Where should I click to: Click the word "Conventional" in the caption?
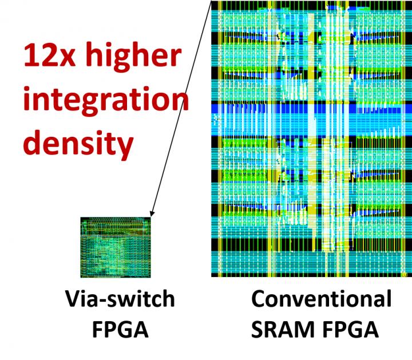click(322, 299)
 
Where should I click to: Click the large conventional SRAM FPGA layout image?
click(311, 139)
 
